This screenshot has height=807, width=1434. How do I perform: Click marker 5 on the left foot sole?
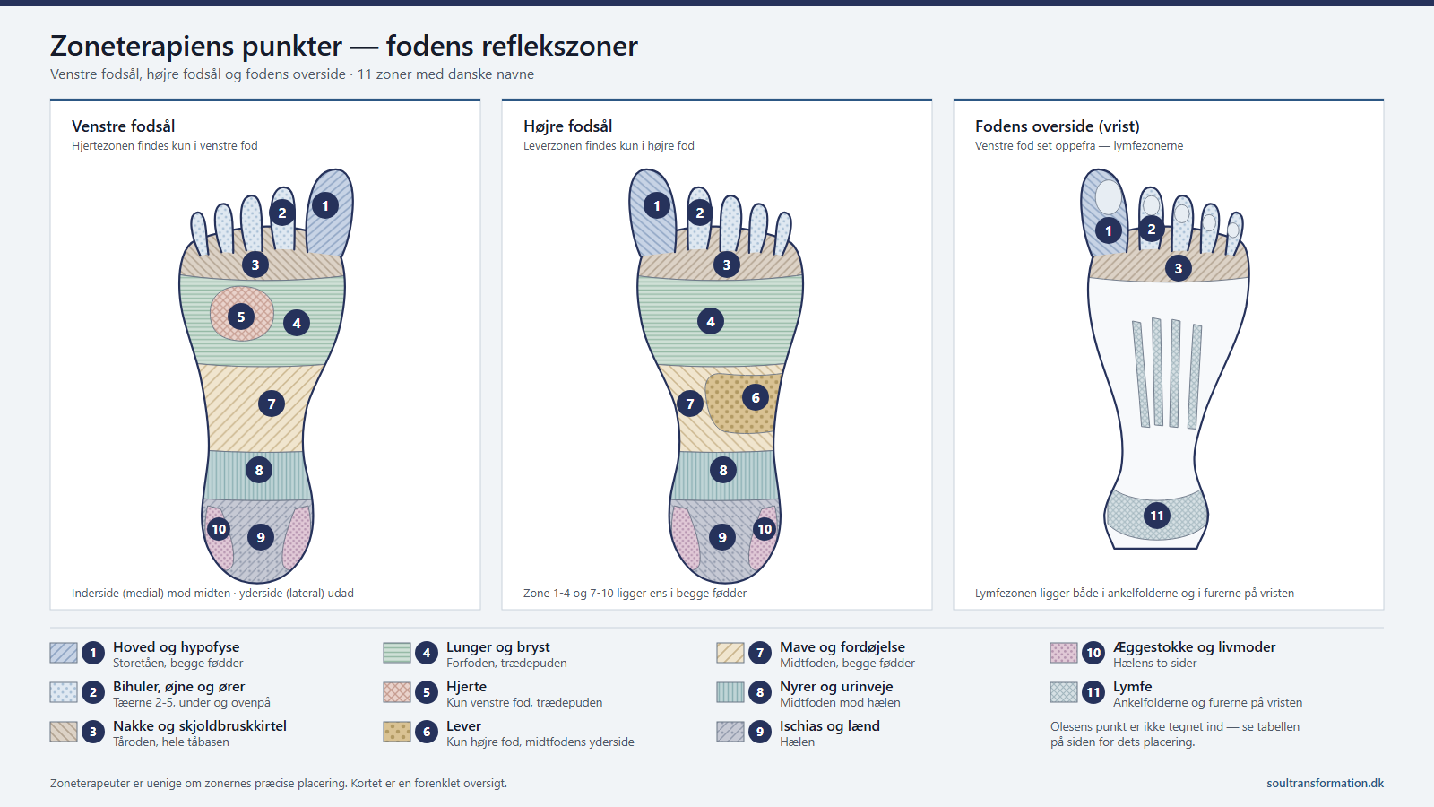pyautogui.click(x=241, y=317)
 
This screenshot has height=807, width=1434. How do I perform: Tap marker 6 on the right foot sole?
pyautogui.click(x=756, y=398)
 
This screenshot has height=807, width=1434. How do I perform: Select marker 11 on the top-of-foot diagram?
pyautogui.click(x=1157, y=516)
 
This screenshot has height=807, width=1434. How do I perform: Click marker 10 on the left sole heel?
pyautogui.click(x=219, y=529)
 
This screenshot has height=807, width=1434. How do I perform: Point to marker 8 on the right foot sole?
pyautogui.click(x=722, y=470)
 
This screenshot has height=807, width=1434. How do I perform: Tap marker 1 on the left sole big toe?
pyautogui.click(x=325, y=205)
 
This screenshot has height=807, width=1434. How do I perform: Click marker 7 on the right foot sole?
pyautogui.click(x=690, y=403)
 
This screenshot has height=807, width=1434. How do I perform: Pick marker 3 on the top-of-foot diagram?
pyautogui.click(x=1178, y=268)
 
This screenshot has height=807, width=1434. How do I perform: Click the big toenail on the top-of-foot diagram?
pyautogui.click(x=1108, y=196)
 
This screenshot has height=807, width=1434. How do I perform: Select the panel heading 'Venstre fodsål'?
pyautogui.click(x=123, y=126)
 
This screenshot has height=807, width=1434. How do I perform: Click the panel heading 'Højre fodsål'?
pyautogui.click(x=568, y=126)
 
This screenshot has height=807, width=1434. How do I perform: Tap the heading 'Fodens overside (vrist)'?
pyautogui.click(x=1057, y=126)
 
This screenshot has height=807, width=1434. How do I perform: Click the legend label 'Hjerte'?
pyautogui.click(x=466, y=687)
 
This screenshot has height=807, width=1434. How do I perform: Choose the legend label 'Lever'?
pyautogui.click(x=463, y=726)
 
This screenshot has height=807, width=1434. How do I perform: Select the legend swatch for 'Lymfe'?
pyautogui.click(x=1064, y=692)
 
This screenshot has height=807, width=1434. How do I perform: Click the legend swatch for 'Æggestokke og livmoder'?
pyautogui.click(x=1064, y=653)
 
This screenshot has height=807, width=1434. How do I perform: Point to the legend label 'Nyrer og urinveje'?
pyautogui.click(x=836, y=687)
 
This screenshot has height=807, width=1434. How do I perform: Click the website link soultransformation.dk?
pyautogui.click(x=1325, y=784)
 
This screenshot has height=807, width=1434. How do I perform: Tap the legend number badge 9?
pyautogui.click(x=760, y=732)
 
